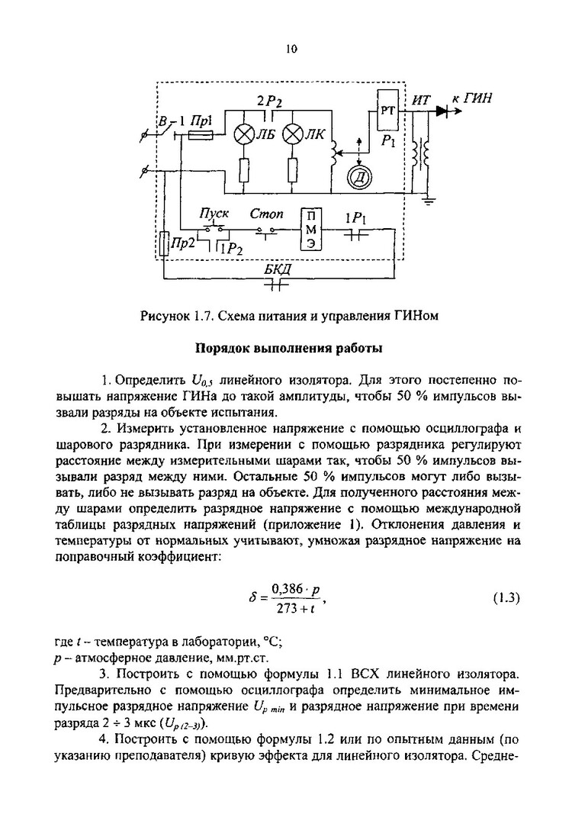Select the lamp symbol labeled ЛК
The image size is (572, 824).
coord(293,135)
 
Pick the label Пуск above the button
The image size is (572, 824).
coord(214,214)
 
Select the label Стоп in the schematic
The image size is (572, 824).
coord(268,214)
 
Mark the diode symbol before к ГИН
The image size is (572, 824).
coord(445,111)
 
